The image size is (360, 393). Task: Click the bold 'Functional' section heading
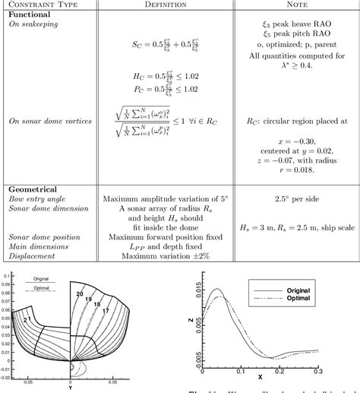[30, 14]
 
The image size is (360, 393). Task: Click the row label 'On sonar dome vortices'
[49, 121]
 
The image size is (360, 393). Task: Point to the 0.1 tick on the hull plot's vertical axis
[8, 275]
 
